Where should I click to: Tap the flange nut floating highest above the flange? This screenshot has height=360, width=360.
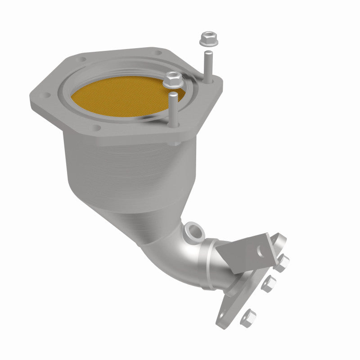pyautogui.click(x=208, y=38)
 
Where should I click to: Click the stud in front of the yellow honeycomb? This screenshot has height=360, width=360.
pyautogui.click(x=174, y=108)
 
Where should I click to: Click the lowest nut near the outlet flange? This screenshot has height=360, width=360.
pyautogui.click(x=248, y=318)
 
